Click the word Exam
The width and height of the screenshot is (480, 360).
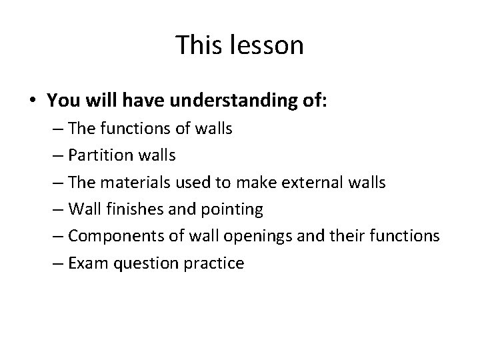pos(85,263)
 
